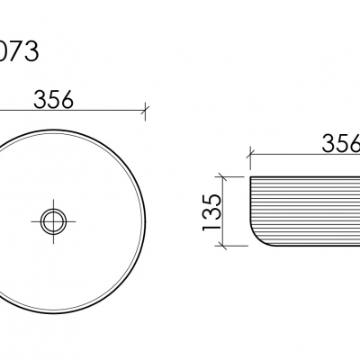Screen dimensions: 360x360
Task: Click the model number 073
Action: click(18, 51)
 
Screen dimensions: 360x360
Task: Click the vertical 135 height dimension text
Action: click(212, 212)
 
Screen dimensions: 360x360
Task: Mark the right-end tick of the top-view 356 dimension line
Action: click(145, 111)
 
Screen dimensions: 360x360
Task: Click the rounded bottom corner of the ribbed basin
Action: click(256, 239)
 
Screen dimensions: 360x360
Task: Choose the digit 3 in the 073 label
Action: click(31, 51)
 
